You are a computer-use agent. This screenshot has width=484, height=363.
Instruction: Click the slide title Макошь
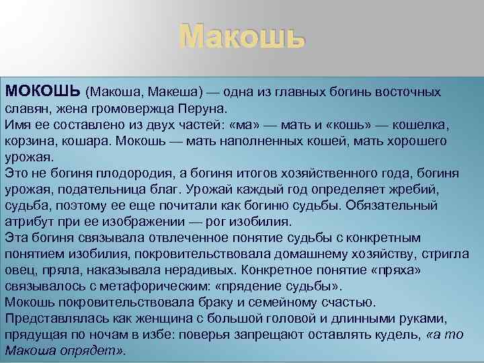point(242,37)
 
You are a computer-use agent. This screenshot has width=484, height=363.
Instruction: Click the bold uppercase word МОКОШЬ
point(43,91)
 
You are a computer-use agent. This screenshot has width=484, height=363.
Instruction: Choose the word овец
point(18,270)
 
